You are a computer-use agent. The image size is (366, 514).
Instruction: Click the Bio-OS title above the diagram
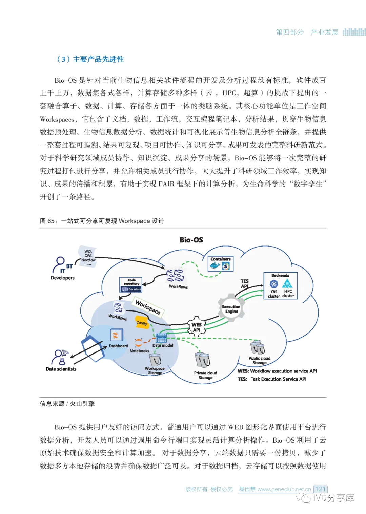tap(191, 240)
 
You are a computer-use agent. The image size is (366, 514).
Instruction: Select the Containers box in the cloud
tap(221, 264)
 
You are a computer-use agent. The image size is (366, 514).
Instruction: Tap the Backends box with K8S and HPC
tap(281, 286)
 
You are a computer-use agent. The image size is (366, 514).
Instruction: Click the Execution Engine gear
tap(231, 308)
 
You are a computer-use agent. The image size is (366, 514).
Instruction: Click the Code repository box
tap(131, 285)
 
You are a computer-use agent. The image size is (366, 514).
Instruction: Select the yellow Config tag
tap(142, 323)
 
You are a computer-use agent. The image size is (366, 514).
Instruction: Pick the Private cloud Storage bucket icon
tap(203, 360)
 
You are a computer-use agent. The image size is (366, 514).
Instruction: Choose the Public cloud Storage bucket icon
tap(258, 347)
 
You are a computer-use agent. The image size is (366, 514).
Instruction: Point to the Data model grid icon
tap(161, 338)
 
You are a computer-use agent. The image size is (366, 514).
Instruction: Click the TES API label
tap(245, 284)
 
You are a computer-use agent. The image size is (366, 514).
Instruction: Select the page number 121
tap(320, 489)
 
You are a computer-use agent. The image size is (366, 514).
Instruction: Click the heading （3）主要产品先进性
tap(90, 59)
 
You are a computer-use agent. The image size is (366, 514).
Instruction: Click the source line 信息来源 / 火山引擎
tap(67, 404)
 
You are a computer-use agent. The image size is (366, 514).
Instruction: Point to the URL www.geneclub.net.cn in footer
tap(284, 489)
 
